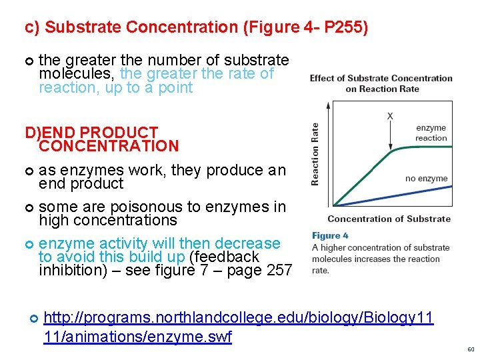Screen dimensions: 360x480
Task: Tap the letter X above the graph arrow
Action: click(390, 116)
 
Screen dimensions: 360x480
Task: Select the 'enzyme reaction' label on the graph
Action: click(431, 133)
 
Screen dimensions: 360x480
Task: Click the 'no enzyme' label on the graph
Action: click(427, 178)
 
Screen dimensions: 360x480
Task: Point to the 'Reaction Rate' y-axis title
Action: click(315, 154)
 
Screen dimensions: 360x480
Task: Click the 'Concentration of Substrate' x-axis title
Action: click(389, 219)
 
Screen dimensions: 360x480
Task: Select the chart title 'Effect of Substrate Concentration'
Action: click(381, 78)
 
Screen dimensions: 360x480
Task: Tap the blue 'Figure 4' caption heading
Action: click(331, 235)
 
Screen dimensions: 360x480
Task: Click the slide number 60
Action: click(471, 349)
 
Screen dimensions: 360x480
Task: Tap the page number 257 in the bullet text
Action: click(278, 270)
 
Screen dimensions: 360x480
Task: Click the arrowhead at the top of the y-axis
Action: click(327, 105)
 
